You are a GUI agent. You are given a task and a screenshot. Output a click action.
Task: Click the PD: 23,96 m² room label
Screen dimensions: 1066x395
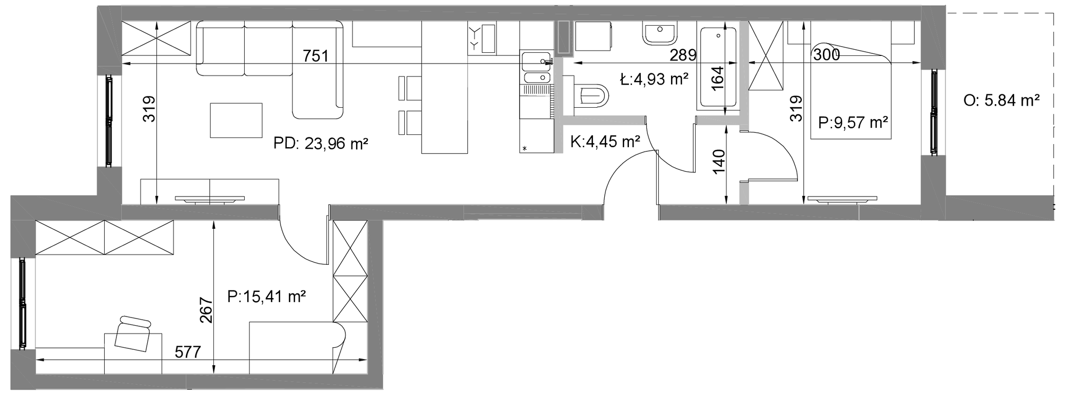(x=321, y=143)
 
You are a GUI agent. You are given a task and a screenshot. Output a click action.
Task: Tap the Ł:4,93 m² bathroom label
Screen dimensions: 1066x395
(x=654, y=80)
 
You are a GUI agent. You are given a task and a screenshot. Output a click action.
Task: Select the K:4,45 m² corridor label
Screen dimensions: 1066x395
(x=605, y=141)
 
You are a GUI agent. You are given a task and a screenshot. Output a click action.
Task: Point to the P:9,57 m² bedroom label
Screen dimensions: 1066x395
(x=854, y=123)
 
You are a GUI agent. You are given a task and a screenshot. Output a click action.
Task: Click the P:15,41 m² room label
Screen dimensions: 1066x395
(x=267, y=296)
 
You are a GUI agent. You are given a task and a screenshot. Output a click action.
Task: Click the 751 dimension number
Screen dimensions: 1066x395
(x=315, y=55)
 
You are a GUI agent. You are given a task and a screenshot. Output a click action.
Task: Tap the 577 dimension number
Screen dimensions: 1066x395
(x=188, y=352)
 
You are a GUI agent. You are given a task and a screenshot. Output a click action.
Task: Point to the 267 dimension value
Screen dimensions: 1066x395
(x=206, y=310)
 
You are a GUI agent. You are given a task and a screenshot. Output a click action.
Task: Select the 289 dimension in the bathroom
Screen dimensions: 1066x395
(x=683, y=55)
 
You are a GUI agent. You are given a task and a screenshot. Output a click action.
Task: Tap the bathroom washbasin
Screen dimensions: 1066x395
(x=660, y=33)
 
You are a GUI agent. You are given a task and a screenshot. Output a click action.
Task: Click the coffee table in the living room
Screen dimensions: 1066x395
(x=236, y=120)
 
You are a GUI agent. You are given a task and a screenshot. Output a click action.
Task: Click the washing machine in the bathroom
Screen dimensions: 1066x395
(x=594, y=37)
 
